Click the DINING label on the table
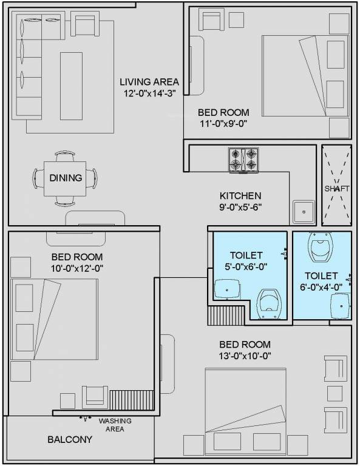pos(66,178)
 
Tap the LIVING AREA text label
pos(149,82)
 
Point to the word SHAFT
pos(336,189)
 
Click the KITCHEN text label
pos(240,195)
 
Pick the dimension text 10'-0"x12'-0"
pos(76,268)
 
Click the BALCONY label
pos(70,439)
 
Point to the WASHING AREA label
pos(115,425)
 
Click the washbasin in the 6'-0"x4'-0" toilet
pos(340,303)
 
